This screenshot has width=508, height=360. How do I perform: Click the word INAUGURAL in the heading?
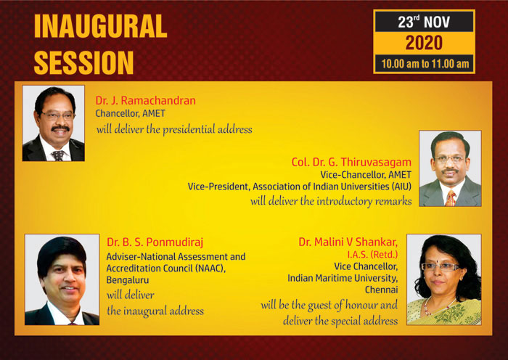100,27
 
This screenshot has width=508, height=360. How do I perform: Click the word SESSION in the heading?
83,62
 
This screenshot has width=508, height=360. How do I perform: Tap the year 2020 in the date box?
424,43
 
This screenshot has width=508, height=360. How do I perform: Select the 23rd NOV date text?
424,22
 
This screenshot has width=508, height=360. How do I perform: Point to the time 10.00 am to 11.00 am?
425,64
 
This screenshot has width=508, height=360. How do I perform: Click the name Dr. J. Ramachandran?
145,100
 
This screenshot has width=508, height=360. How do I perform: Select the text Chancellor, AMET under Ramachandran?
130,113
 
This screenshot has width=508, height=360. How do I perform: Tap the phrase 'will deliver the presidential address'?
174,130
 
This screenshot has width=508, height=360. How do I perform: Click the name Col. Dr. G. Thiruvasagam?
351,162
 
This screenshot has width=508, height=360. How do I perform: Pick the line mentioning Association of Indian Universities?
300,187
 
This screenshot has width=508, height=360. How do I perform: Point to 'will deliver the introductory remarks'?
331,201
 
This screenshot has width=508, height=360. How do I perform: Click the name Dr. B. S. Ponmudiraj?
155,242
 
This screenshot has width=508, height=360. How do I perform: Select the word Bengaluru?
128,280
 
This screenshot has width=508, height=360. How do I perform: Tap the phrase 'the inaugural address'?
155,311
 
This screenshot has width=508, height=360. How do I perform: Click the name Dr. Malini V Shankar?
348,242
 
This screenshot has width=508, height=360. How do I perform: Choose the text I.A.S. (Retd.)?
372,255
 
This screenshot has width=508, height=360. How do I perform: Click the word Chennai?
381,290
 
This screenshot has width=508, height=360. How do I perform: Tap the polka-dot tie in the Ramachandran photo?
58,155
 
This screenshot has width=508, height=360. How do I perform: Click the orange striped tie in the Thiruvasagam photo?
451,198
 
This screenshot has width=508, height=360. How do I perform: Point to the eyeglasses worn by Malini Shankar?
440,266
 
